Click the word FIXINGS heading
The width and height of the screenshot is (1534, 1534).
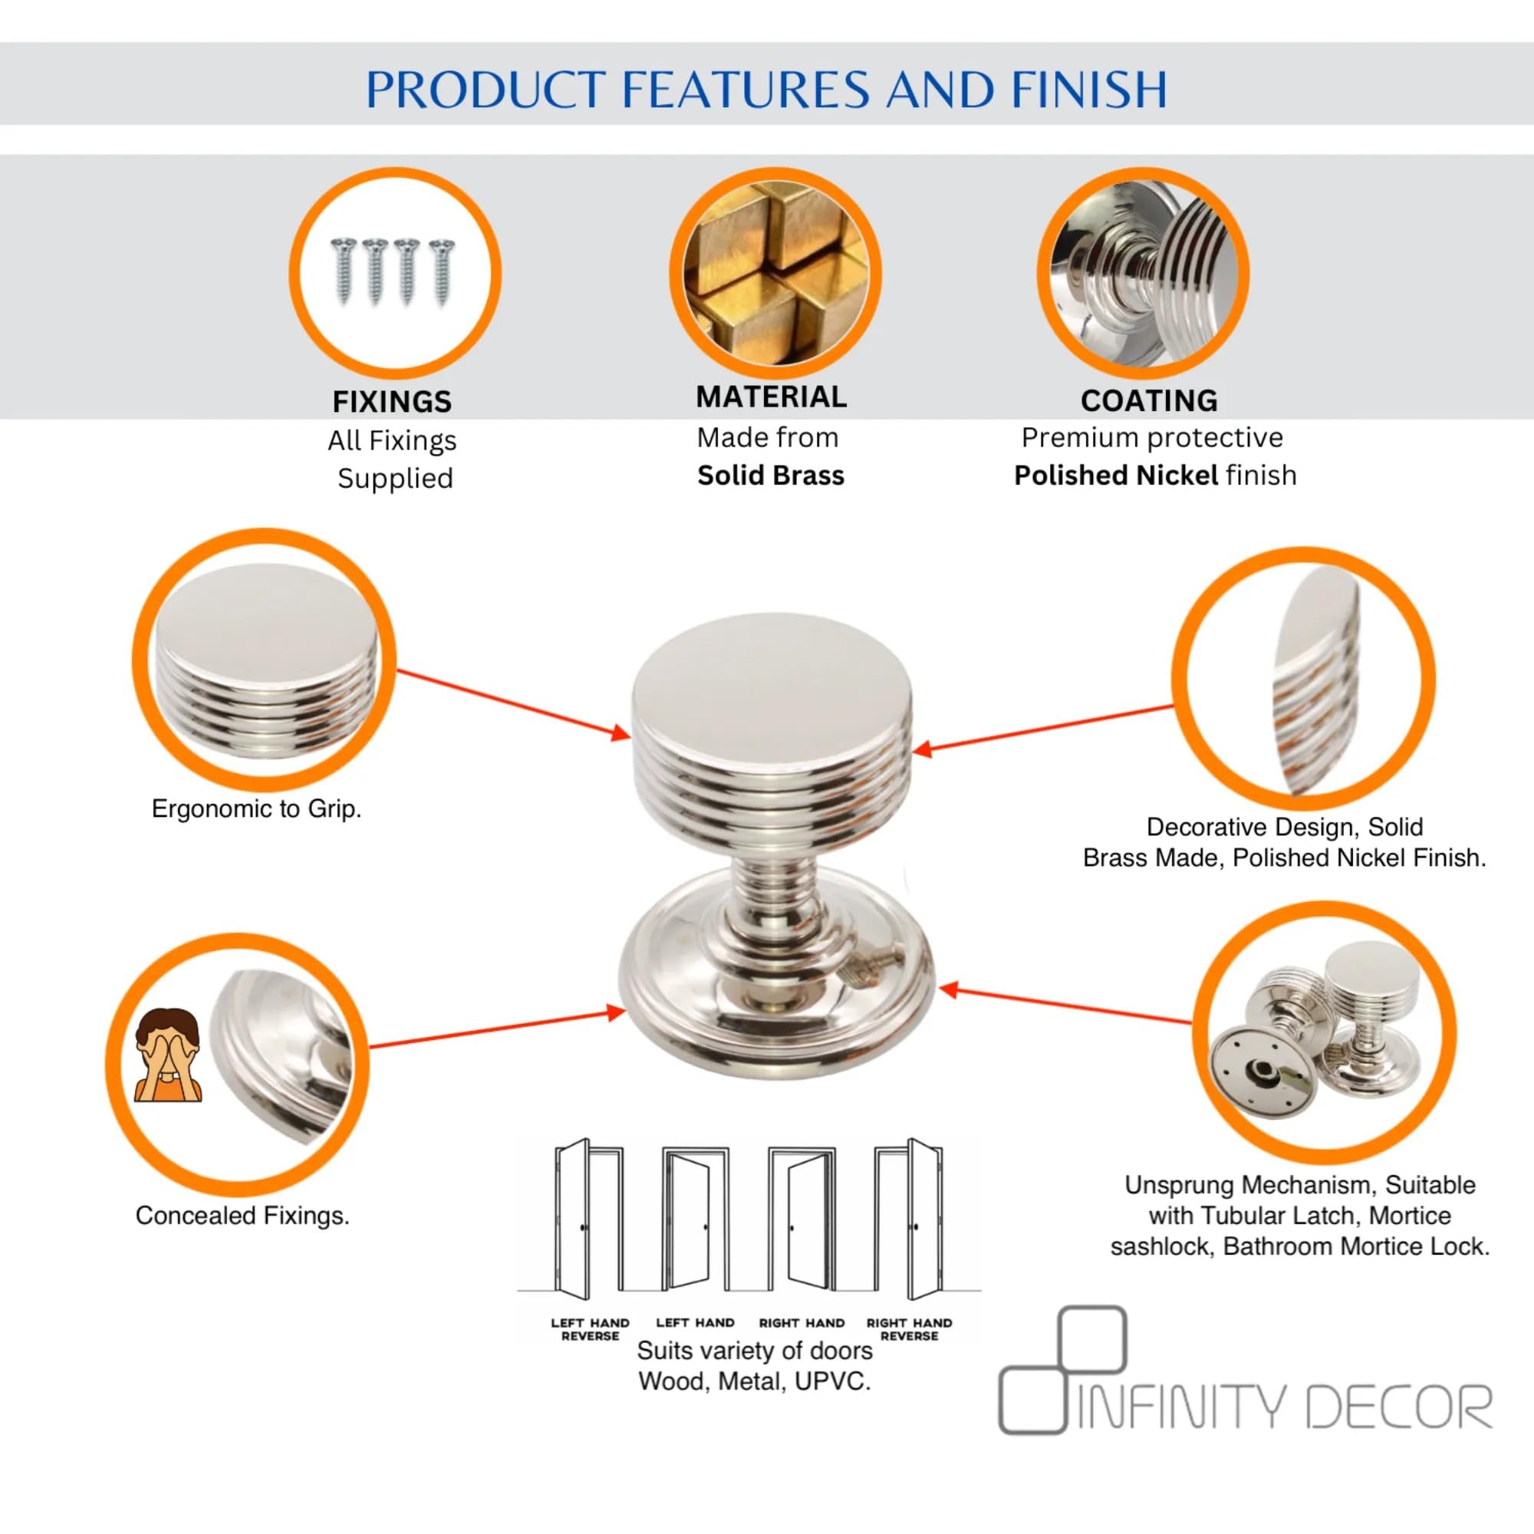pyautogui.click(x=391, y=402)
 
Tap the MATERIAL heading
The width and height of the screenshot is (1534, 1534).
pyautogui.click(x=771, y=397)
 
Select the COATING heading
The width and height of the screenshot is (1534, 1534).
pyautogui.click(x=1149, y=401)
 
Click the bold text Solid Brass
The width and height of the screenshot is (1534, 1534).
pyautogui.click(x=771, y=476)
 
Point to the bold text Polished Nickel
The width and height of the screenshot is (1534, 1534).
pyautogui.click(x=1115, y=476)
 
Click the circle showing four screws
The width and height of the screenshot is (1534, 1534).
pyautogui.click(x=394, y=272)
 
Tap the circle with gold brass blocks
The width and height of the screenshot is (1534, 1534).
pyautogui.click(x=775, y=272)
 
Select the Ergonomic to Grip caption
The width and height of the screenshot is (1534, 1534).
pyautogui.click(x=256, y=809)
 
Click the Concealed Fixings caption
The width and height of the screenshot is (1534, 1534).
pyautogui.click(x=242, y=1216)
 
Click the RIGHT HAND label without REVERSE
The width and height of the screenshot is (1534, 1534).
pyautogui.click(x=802, y=1324)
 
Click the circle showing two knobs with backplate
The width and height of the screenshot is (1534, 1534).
pyautogui.click(x=1324, y=1032)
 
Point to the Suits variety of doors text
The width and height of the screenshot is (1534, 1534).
pyautogui.click(x=754, y=1351)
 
